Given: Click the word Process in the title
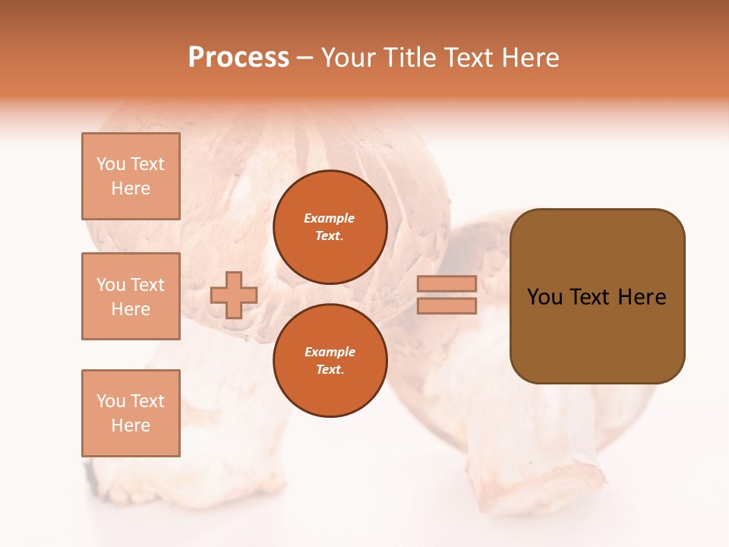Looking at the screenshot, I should (x=238, y=58).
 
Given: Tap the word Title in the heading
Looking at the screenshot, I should (x=410, y=58).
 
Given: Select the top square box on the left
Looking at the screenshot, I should (x=131, y=176).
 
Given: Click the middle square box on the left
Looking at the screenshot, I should (x=131, y=296).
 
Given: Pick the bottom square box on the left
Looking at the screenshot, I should (x=131, y=413).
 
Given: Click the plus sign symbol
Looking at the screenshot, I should (x=234, y=295).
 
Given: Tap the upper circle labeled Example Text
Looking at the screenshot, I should (x=330, y=227).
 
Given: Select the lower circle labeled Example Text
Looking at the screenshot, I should (x=330, y=361).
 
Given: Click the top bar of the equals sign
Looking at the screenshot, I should (x=447, y=283).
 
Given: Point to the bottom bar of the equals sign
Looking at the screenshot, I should (x=447, y=306).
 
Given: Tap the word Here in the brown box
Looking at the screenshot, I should (x=642, y=297).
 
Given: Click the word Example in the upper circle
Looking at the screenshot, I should (x=330, y=219).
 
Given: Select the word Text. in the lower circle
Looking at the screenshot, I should (x=330, y=370).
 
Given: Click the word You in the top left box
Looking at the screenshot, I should (x=111, y=164).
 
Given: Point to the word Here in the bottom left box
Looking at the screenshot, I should (x=131, y=425).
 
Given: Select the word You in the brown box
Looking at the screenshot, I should (x=544, y=297).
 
